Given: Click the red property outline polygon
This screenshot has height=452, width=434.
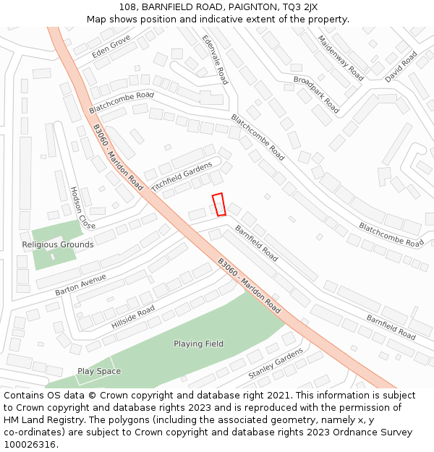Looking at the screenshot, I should point(218,205).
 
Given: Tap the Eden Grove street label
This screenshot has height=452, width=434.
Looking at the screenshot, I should point(111,46).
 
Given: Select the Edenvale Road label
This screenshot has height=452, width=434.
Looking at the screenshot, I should point(215,59).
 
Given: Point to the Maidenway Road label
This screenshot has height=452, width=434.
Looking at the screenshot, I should point(341,57).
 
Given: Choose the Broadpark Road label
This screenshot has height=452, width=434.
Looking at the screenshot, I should point(316,94).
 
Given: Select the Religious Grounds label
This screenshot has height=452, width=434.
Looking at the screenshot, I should point(58,244).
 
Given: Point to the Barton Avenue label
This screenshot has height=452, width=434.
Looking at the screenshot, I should point(80,284).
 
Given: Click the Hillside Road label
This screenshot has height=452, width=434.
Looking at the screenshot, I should point(133,317).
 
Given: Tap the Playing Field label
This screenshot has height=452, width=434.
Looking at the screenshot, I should point(198,344).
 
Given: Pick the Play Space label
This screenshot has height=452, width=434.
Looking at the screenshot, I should point(99,371).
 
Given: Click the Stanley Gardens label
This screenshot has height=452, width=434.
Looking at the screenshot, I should point(276,364).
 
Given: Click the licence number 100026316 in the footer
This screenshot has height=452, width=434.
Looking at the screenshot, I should point(30,444).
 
